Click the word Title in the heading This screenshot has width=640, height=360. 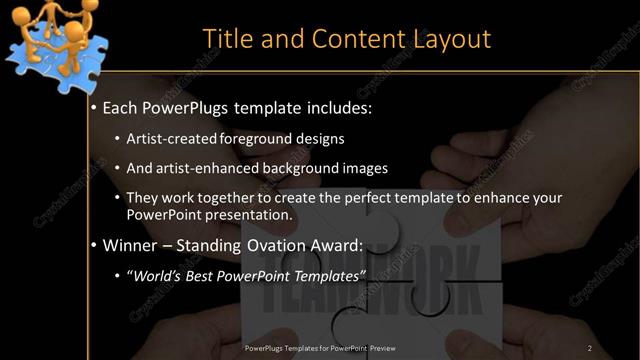pos(225,38)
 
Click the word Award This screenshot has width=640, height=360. pos(338,245)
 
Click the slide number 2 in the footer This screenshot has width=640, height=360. pos(590,348)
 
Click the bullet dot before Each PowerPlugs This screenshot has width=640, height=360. pos(94,106)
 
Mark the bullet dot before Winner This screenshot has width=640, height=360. pos(94,245)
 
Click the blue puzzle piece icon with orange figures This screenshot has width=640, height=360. pos(49,40)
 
